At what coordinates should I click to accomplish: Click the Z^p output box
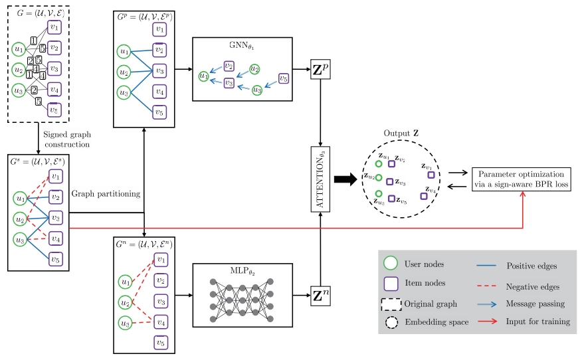click(321, 69)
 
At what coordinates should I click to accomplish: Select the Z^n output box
click(321, 292)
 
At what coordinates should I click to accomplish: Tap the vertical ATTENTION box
click(321, 179)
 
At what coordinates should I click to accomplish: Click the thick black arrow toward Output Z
click(346, 179)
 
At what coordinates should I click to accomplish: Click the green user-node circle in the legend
click(392, 264)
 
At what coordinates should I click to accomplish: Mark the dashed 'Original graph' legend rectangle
click(392, 304)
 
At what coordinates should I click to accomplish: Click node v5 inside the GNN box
click(284, 78)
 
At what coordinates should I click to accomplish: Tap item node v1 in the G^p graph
click(159, 29)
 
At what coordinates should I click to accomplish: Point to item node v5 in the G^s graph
click(56, 260)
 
